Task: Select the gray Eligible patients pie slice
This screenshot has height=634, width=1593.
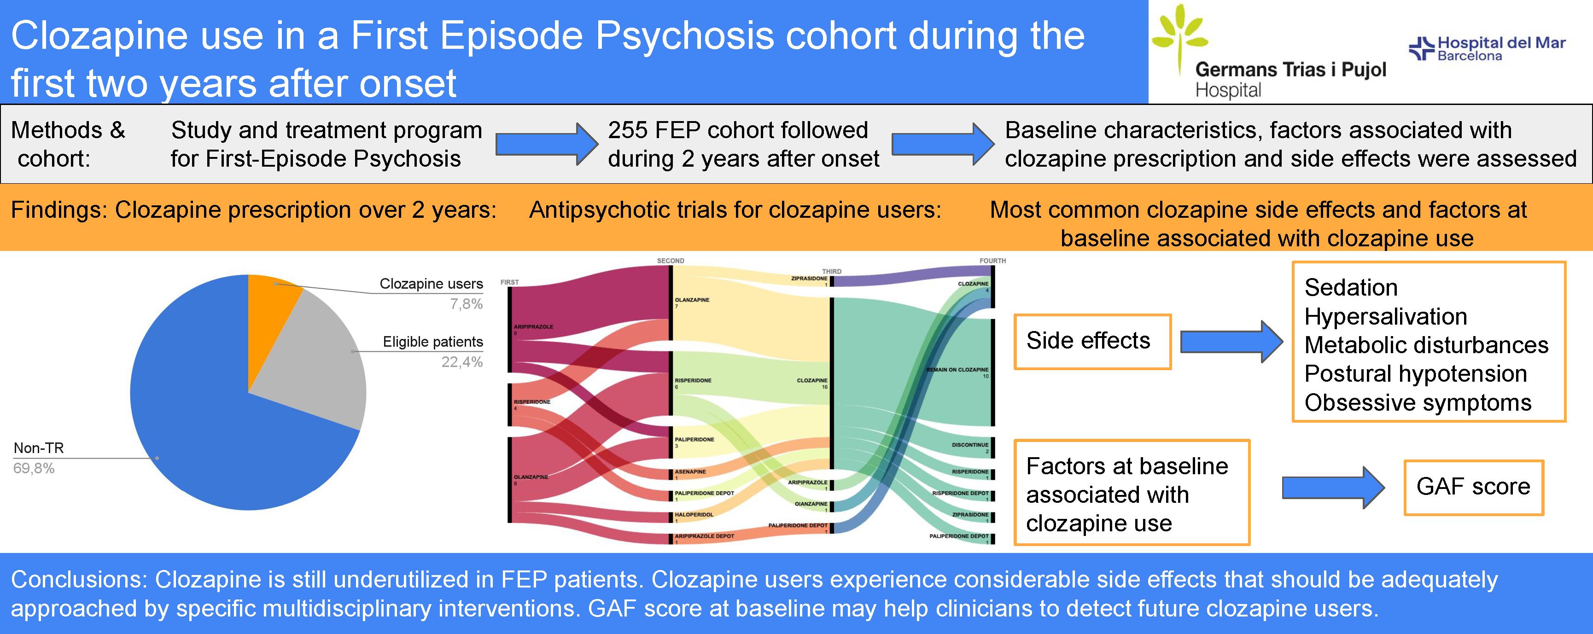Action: (x=315, y=365)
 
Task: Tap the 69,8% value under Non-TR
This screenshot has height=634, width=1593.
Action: (x=34, y=468)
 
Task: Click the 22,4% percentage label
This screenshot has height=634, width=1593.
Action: (x=462, y=362)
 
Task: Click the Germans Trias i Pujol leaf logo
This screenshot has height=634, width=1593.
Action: (x=1178, y=34)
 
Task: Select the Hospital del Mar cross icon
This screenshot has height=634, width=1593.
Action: (x=1421, y=48)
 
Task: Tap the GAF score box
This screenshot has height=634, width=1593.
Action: (x=1473, y=487)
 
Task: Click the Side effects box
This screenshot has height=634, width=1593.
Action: (x=1092, y=341)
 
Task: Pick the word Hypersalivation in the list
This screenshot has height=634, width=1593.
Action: (x=1385, y=317)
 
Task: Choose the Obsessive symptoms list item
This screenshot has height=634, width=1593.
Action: (x=1418, y=403)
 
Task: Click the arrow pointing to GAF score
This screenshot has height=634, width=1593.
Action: (x=1333, y=488)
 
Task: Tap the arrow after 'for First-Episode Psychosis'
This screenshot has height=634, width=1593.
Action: (x=546, y=144)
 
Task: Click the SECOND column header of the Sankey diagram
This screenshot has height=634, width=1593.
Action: (x=671, y=261)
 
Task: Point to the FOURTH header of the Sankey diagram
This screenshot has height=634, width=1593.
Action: (x=992, y=261)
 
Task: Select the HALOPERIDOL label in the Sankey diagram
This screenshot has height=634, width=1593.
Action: (x=694, y=515)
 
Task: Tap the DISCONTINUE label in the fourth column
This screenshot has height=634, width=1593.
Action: (x=969, y=445)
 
